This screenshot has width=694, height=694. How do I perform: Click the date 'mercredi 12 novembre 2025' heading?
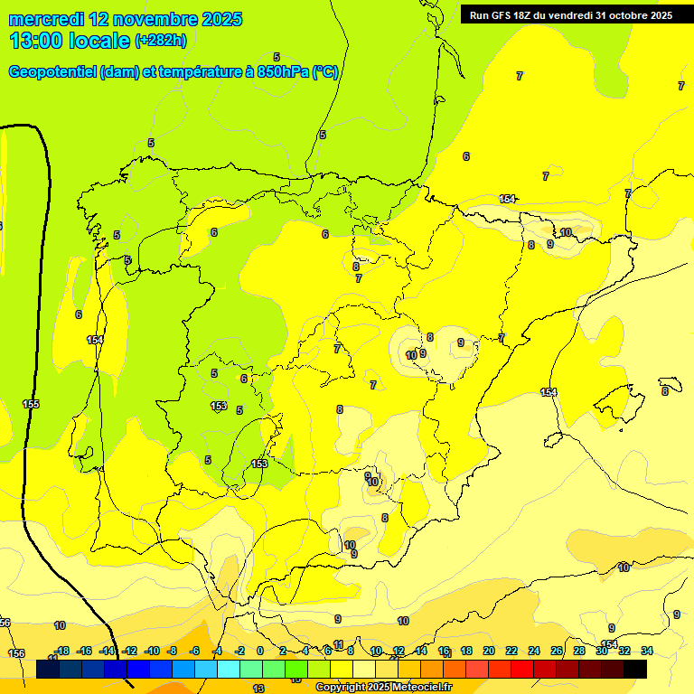tap(127, 19)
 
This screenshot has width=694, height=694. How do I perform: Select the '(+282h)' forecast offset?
tap(161, 41)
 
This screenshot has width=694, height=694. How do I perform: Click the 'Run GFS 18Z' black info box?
tap(570, 15)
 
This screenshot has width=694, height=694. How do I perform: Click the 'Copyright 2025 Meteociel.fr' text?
tap(384, 688)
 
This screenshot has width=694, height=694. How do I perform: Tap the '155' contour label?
tap(31, 404)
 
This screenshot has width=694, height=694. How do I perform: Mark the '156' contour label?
tap(16, 653)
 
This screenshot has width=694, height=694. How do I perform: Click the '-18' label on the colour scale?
tap(61, 651)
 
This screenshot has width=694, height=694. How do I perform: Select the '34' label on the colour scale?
tap(647, 651)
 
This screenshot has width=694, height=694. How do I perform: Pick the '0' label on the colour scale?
tap(260, 651)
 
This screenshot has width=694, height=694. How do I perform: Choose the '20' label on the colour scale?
tap(489, 651)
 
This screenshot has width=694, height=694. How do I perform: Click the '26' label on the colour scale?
tap(557, 651)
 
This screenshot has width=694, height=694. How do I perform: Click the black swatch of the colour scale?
tap(635, 670)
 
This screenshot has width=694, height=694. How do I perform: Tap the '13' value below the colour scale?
tap(258, 689)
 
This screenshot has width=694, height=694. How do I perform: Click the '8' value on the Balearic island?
tap(665, 391)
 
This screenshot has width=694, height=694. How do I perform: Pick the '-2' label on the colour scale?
tap(239, 651)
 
